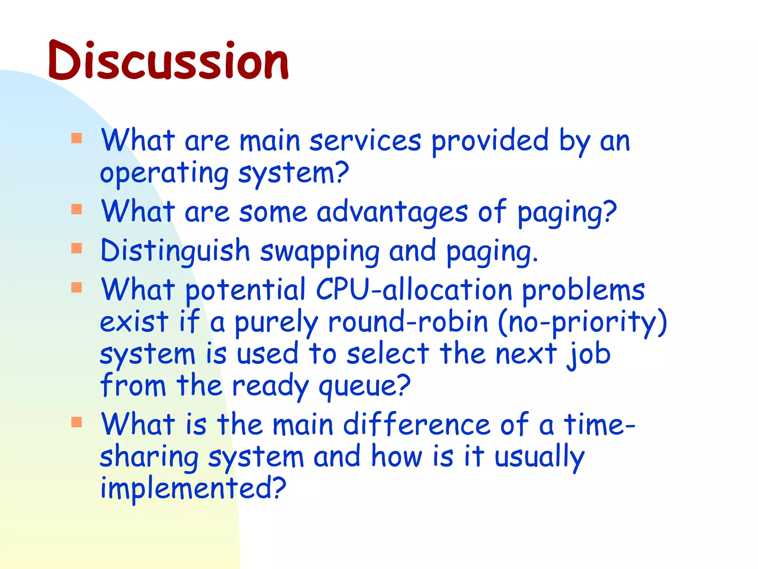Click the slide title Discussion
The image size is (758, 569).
point(168,61)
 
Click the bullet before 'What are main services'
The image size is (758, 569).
point(77,138)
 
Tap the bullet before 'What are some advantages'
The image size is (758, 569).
point(77,209)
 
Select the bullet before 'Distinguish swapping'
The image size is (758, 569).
point(77,248)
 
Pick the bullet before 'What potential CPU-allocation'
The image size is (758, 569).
point(77,287)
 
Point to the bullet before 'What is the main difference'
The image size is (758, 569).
point(77,422)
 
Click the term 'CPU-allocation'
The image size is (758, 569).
point(414,290)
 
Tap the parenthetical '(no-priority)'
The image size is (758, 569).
point(583,322)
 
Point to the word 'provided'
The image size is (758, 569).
point(490,142)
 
